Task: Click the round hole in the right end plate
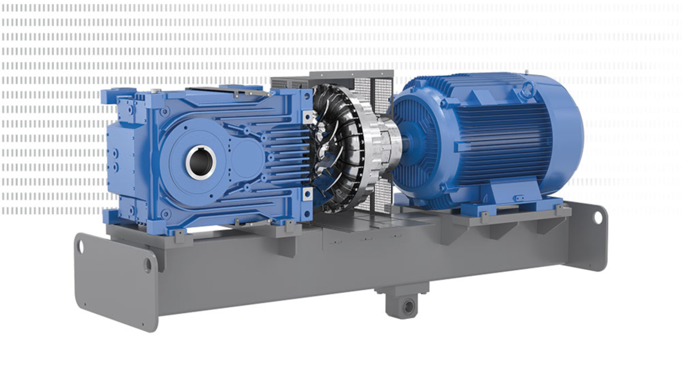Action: click(598, 217)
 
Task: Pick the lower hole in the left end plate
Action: click(147, 265)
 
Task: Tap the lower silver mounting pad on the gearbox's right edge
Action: click(306, 195)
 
